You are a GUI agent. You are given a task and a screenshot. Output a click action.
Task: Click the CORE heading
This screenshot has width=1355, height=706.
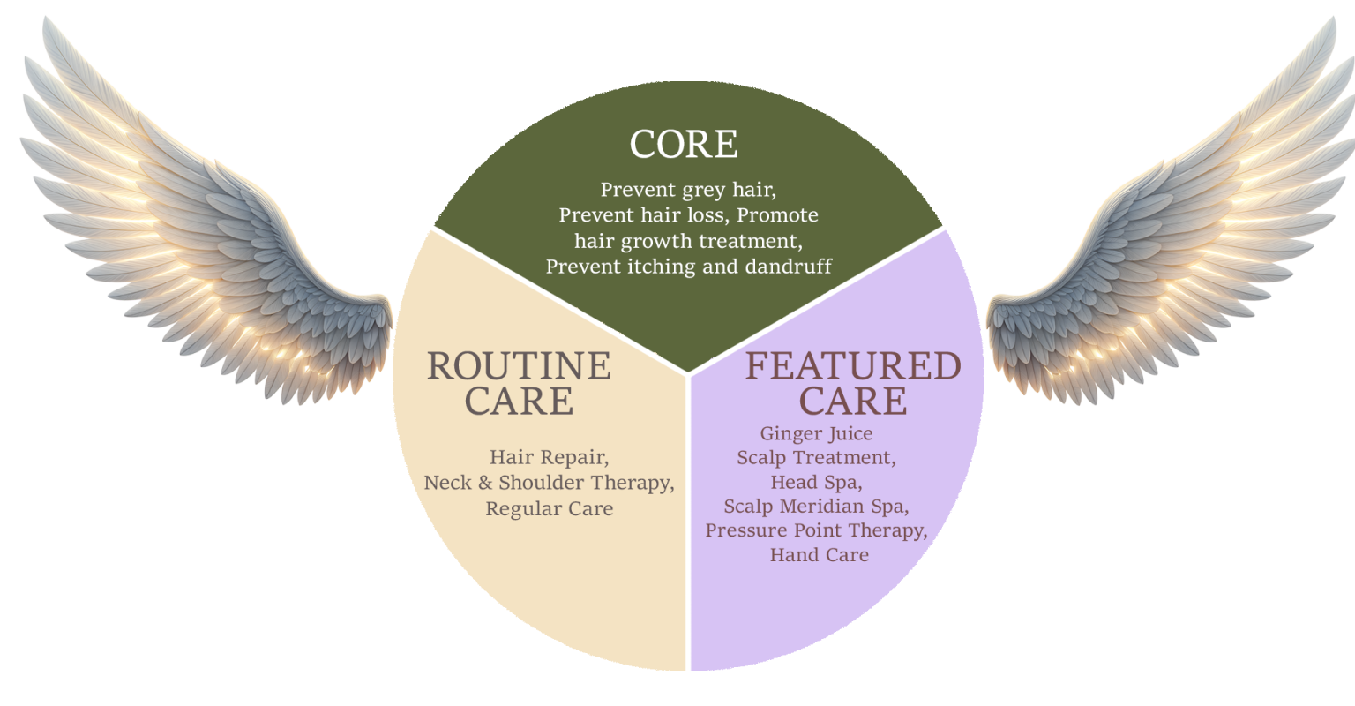(x=684, y=145)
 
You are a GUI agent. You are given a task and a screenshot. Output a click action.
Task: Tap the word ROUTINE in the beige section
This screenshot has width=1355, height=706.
(x=519, y=365)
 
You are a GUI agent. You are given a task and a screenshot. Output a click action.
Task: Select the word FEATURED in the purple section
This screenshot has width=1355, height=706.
(x=853, y=366)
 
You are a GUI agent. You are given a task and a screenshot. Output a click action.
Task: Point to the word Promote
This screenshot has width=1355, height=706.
(x=777, y=215)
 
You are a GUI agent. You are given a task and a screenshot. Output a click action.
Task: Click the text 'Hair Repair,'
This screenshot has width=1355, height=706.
(x=549, y=458)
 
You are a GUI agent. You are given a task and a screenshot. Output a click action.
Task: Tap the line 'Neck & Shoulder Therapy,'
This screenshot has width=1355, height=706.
(x=549, y=484)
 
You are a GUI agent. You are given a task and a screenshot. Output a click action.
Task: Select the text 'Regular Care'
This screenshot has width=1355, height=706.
(x=549, y=509)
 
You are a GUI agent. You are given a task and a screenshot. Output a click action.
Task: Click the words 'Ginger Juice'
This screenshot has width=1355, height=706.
(x=816, y=433)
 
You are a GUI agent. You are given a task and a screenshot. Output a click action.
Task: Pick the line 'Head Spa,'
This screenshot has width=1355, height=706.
(x=816, y=483)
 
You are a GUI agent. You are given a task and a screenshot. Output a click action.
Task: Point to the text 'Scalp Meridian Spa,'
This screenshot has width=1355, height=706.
(x=816, y=507)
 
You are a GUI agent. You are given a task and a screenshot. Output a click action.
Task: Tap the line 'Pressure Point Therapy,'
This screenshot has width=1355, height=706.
(x=816, y=531)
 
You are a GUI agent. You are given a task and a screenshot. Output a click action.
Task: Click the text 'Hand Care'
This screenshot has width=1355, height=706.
(x=819, y=555)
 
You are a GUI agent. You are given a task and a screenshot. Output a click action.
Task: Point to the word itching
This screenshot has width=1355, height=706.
(x=676, y=266)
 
